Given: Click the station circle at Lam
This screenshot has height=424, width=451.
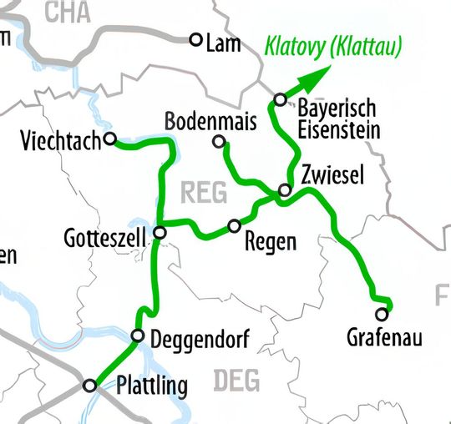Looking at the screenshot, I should coord(196,39).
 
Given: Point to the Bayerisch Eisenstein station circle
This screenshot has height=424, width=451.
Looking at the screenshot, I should coord(280,101).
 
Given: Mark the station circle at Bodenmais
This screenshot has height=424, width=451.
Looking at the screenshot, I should coord(219,143).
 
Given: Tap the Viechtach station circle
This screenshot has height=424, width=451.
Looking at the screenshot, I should coord(109,140).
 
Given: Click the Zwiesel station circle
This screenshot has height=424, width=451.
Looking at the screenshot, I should coord(285,191).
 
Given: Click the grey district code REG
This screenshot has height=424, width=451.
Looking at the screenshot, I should coord(203,193).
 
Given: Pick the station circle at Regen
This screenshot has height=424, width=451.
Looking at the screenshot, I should coord(235,226).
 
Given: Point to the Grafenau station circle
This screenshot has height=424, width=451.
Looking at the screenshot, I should coord(382,315).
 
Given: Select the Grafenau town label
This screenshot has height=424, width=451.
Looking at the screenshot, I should coord(383,338).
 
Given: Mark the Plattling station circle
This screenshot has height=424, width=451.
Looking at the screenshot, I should coord(90,385).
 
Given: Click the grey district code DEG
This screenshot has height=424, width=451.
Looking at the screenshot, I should coord(236,382).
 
